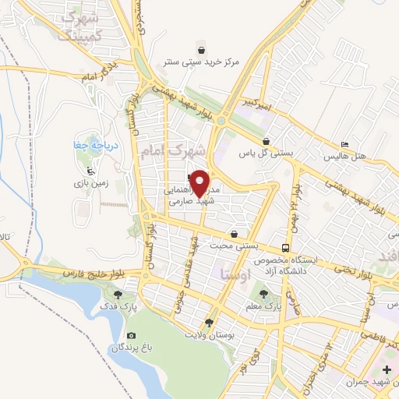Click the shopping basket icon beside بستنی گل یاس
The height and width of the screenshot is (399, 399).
(267, 141)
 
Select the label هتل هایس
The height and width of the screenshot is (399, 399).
(372, 144)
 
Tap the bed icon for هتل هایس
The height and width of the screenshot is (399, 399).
(344, 144)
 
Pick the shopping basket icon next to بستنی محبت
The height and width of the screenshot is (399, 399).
(234, 234)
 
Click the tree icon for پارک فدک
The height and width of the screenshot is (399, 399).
(118, 295)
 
